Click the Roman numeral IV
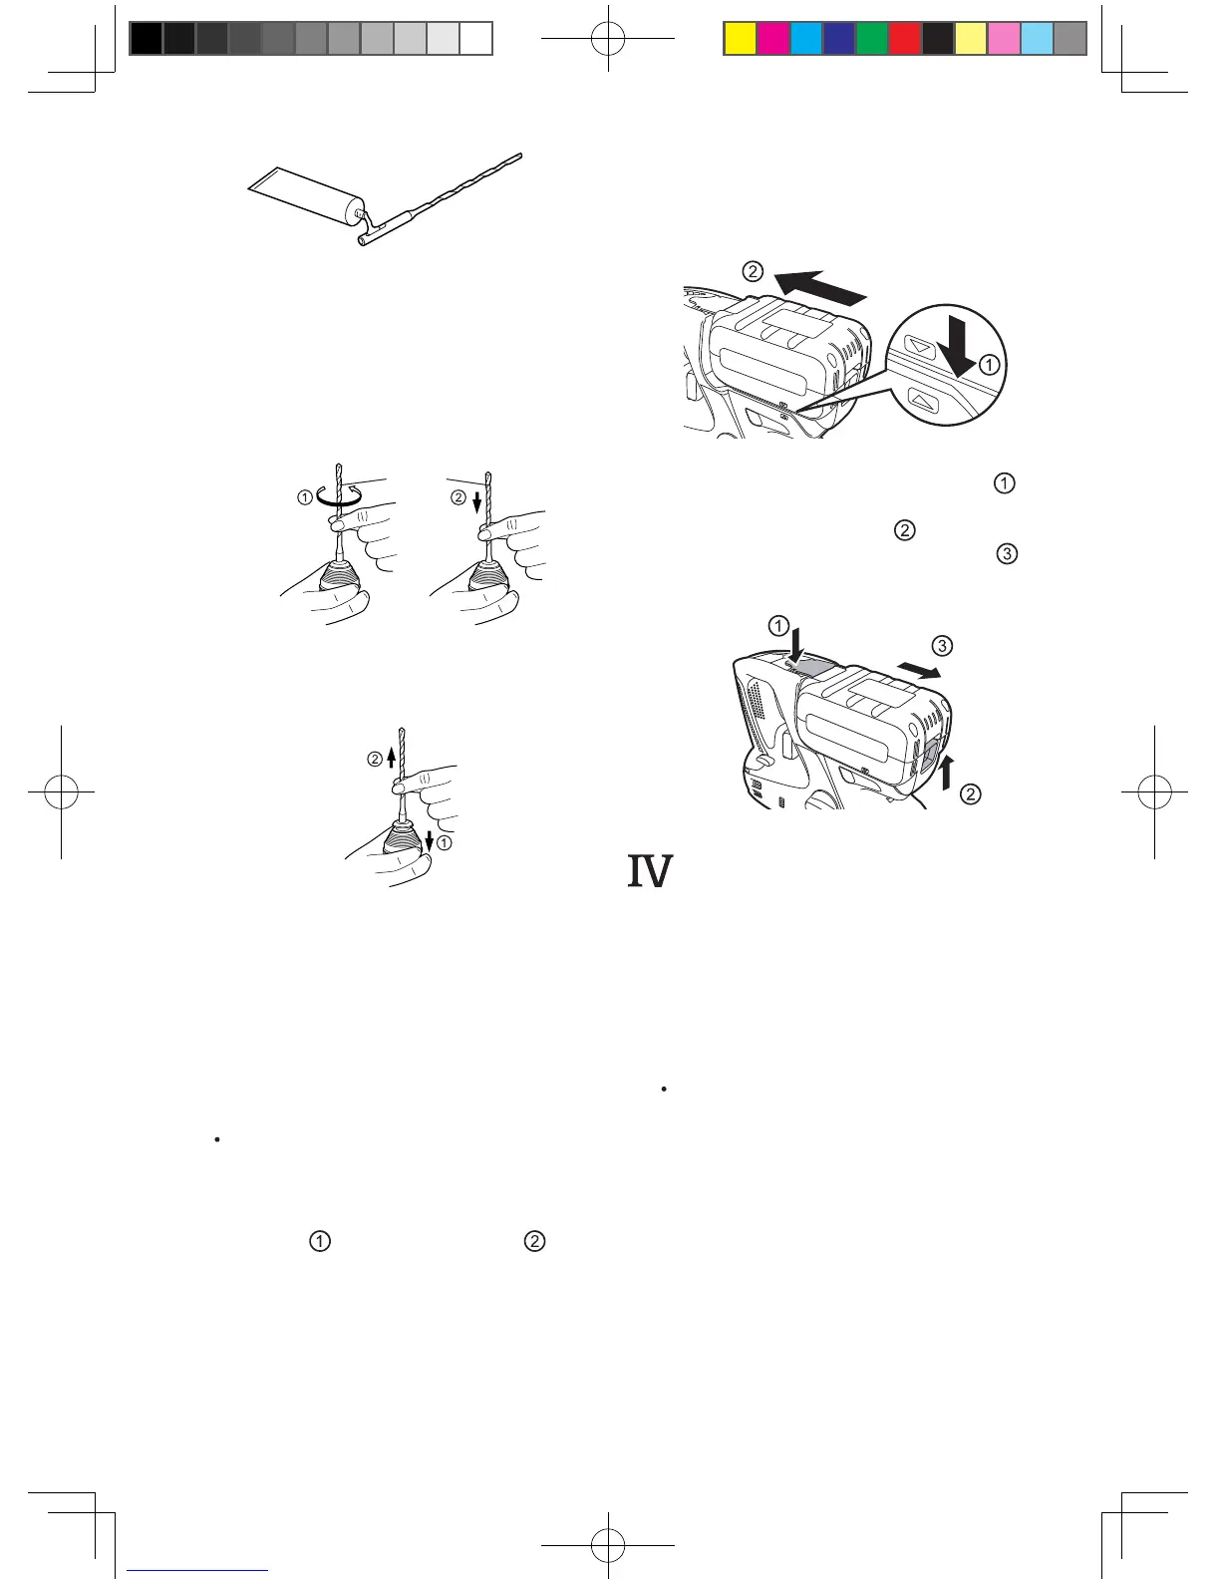(649, 872)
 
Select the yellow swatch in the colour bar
(739, 38)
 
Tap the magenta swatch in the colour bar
(772, 38)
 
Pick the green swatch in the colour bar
(871, 38)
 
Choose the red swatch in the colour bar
(904, 38)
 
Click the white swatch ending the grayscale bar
(476, 38)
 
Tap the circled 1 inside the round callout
(988, 365)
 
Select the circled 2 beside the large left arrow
(754, 271)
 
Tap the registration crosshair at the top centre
(608, 38)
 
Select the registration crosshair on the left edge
(62, 792)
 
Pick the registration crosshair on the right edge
(1154, 792)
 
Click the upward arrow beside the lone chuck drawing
(392, 759)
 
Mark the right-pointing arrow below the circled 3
(918, 671)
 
